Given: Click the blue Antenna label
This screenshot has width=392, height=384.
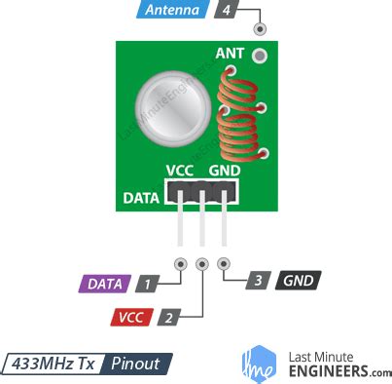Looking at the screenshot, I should coord(175,12).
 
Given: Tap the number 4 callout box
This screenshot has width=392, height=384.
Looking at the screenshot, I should coord(226,12).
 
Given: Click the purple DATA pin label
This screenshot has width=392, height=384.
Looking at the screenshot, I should coord(104,285).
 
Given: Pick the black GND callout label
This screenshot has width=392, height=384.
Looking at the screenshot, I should coord(298,281).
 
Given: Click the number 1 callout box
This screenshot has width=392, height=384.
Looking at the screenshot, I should coord(147,285).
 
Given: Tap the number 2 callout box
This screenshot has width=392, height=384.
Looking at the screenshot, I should coord(168,318).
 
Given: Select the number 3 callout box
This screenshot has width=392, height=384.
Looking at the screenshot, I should coord(258,281).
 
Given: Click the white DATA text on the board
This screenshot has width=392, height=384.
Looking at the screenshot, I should coord(142,199).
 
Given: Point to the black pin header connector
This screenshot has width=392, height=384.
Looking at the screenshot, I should coord(202,193).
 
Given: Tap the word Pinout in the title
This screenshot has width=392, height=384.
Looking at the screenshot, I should coord(137,364).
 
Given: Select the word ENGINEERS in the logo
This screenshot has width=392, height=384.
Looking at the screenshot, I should coord(327,371).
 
